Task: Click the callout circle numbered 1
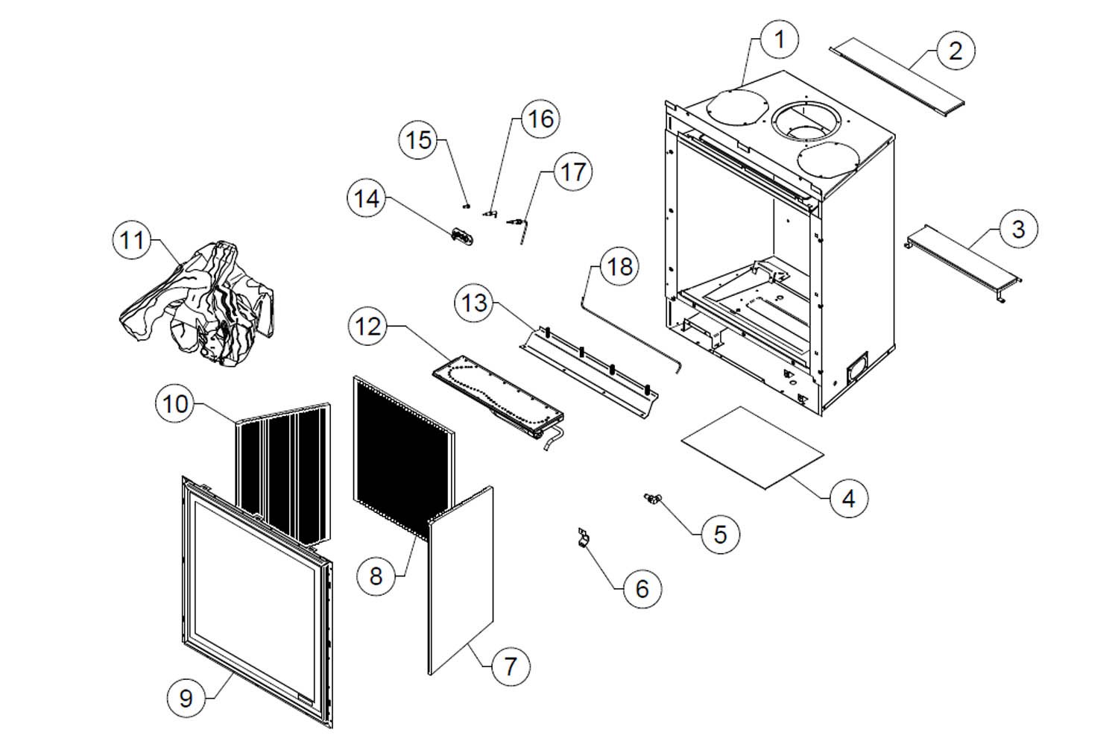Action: (x=779, y=40)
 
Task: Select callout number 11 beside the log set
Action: (x=132, y=240)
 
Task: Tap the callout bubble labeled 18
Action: (x=619, y=267)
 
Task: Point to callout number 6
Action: (x=642, y=589)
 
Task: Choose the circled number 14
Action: (x=367, y=199)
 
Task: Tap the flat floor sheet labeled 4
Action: (x=753, y=448)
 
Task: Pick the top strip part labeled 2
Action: (x=897, y=78)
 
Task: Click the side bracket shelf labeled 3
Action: (x=963, y=262)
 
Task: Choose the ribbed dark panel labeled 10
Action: (x=283, y=472)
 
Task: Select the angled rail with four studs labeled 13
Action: (x=589, y=372)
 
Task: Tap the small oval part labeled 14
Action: (x=462, y=236)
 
